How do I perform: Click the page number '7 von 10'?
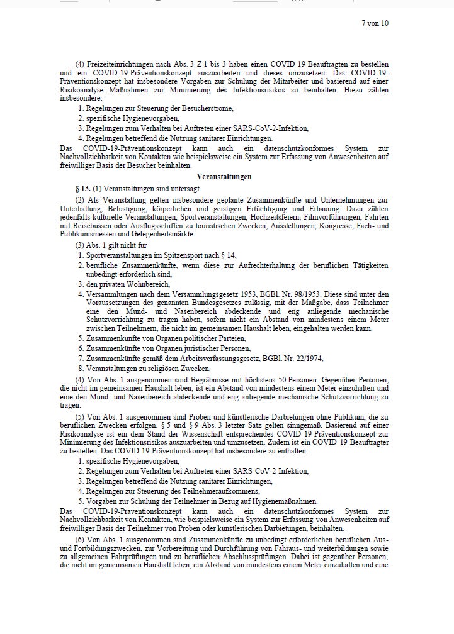pyautogui.click(x=375, y=23)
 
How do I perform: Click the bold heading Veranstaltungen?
pyautogui.click(x=224, y=177)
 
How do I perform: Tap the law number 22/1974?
pyautogui.click(x=302, y=358)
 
